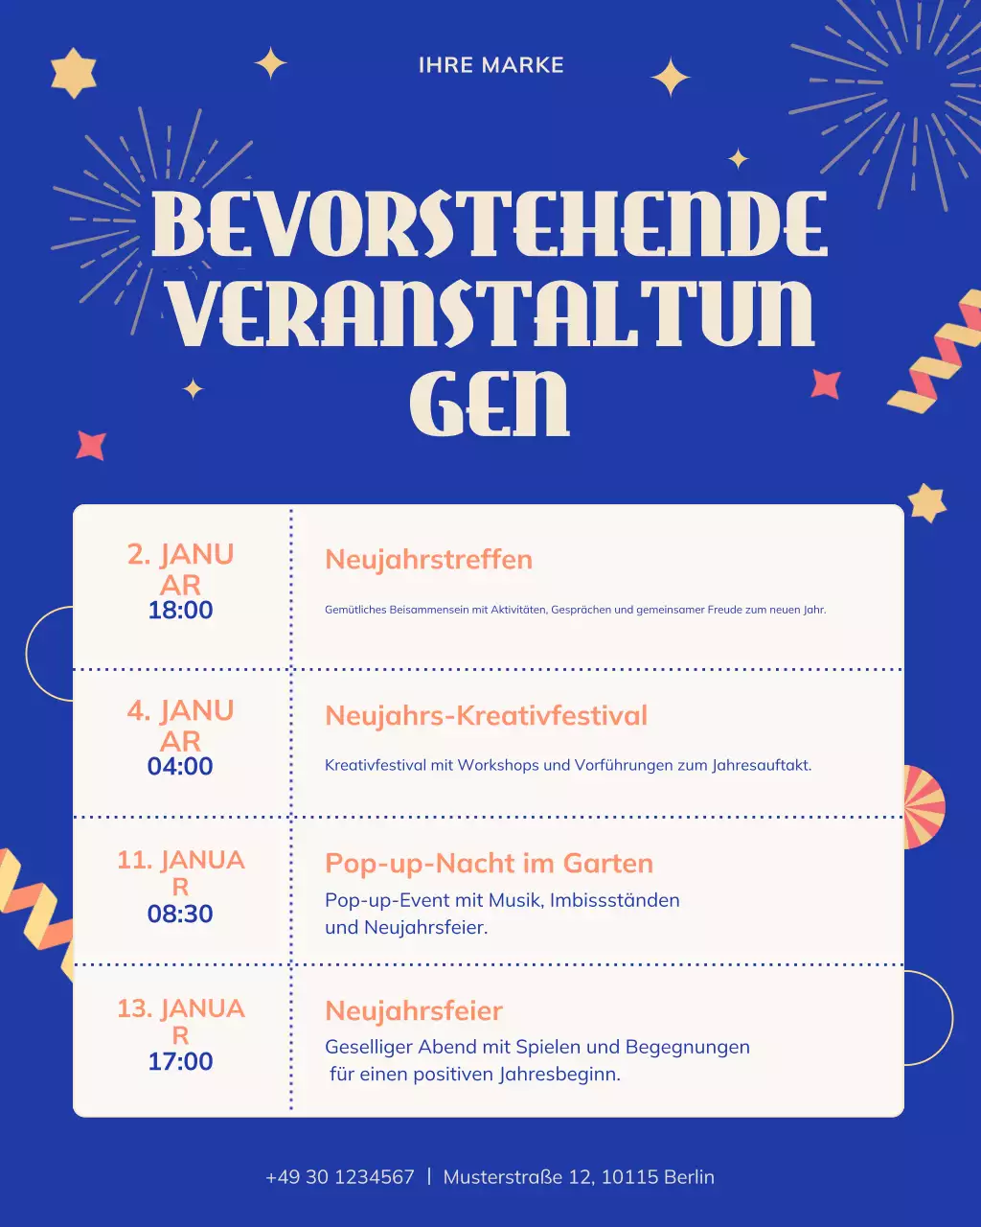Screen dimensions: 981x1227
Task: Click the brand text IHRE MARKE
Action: point(490,65)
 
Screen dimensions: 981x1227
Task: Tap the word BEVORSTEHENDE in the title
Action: point(489,225)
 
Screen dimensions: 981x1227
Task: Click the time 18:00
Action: point(180,611)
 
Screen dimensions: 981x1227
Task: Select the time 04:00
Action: point(180,767)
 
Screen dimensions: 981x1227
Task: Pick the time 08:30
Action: point(180,914)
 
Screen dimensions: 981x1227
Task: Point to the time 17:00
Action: point(180,1062)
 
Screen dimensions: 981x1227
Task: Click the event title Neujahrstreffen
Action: point(428,560)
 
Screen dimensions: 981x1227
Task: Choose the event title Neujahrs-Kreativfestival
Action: point(486,716)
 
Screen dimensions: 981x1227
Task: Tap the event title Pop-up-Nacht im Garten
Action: point(489,864)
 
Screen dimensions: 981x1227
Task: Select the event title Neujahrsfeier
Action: point(414,1011)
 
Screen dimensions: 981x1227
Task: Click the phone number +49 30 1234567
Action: point(340,1177)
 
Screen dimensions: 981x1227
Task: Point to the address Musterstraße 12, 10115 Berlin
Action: point(579,1177)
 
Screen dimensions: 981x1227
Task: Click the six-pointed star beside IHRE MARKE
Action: point(73,73)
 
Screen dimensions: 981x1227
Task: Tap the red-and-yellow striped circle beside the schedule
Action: point(922,806)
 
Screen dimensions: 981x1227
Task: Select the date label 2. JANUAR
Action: point(180,569)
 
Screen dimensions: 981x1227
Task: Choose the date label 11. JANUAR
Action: point(180,872)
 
